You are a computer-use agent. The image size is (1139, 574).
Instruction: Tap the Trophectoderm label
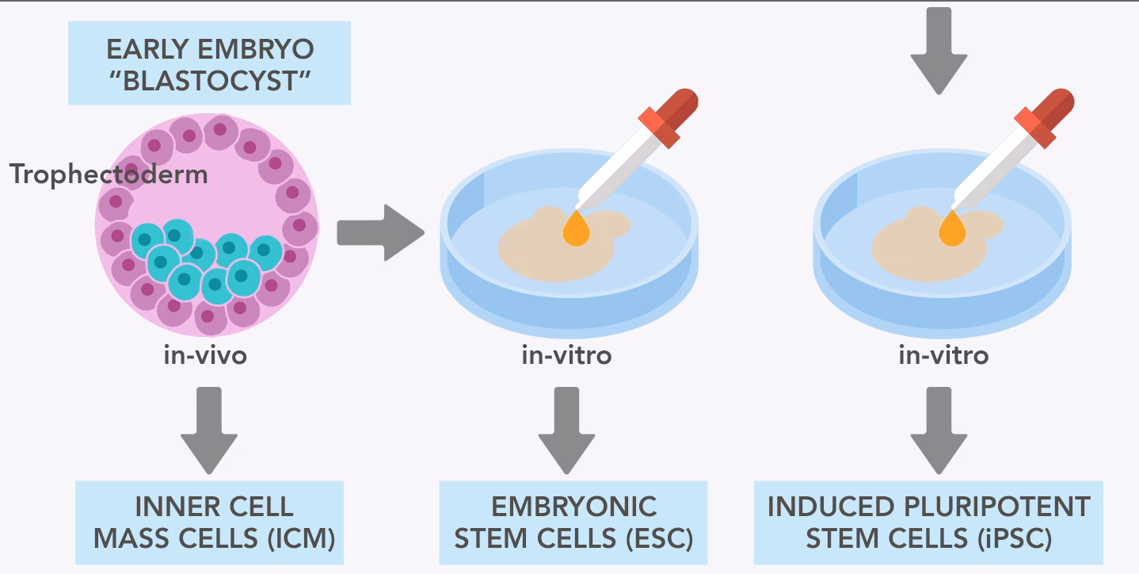coord(109,174)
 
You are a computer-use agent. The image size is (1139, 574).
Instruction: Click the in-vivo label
coord(205,355)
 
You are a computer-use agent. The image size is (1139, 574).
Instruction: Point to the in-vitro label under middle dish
coord(566,355)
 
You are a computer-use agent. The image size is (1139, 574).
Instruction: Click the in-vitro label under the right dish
coord(943,355)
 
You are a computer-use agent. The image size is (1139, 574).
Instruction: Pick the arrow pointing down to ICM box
coord(208,428)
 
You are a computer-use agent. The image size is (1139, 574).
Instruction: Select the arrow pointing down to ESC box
coord(566,428)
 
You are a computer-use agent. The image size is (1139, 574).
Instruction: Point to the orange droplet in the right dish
coord(952,229)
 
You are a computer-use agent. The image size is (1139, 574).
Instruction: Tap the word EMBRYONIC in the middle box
coord(573,507)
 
